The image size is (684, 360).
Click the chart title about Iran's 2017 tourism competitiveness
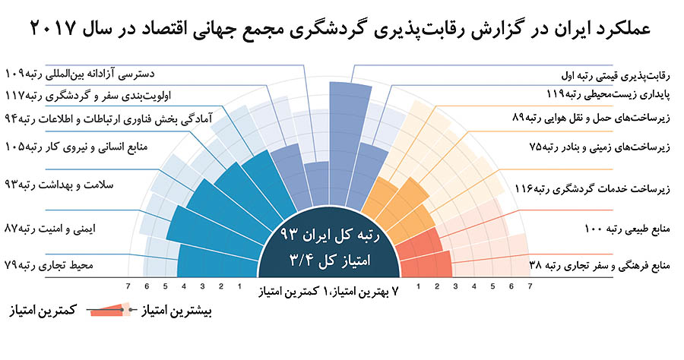tap(342, 28)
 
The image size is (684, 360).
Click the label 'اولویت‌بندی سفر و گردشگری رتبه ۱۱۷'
tap(84, 96)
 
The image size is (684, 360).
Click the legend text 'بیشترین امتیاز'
tap(175, 311)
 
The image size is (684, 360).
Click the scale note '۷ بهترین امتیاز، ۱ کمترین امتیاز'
tap(343, 291)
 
